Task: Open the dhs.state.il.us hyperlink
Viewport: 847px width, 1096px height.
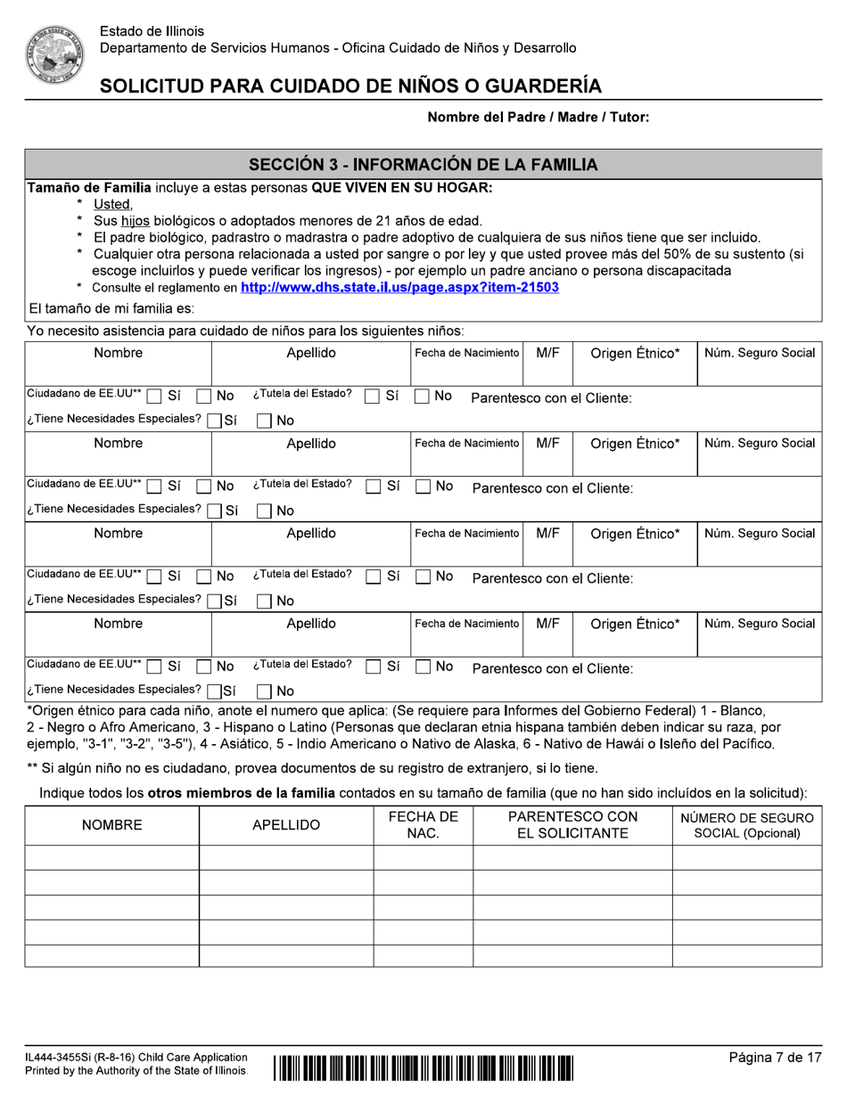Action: (399, 288)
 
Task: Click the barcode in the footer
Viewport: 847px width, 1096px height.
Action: (423, 1066)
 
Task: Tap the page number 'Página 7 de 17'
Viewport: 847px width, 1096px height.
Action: (775, 1058)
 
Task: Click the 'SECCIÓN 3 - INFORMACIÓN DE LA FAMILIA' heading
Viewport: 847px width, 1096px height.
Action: (423, 165)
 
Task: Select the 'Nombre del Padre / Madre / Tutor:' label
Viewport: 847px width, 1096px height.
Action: (539, 117)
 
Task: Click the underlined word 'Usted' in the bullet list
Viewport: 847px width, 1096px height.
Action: (112, 205)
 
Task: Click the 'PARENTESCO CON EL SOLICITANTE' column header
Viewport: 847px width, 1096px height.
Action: (572, 825)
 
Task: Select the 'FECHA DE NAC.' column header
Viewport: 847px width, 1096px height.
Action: (423, 825)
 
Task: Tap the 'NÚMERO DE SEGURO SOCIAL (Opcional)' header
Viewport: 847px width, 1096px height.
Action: (747, 825)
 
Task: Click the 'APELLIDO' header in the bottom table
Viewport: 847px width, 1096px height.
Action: (286, 826)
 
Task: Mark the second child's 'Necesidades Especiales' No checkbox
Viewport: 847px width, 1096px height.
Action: (265, 511)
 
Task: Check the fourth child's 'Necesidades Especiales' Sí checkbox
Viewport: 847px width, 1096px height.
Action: (214, 691)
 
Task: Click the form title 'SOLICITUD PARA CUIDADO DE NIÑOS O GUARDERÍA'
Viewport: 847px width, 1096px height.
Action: (350, 86)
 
